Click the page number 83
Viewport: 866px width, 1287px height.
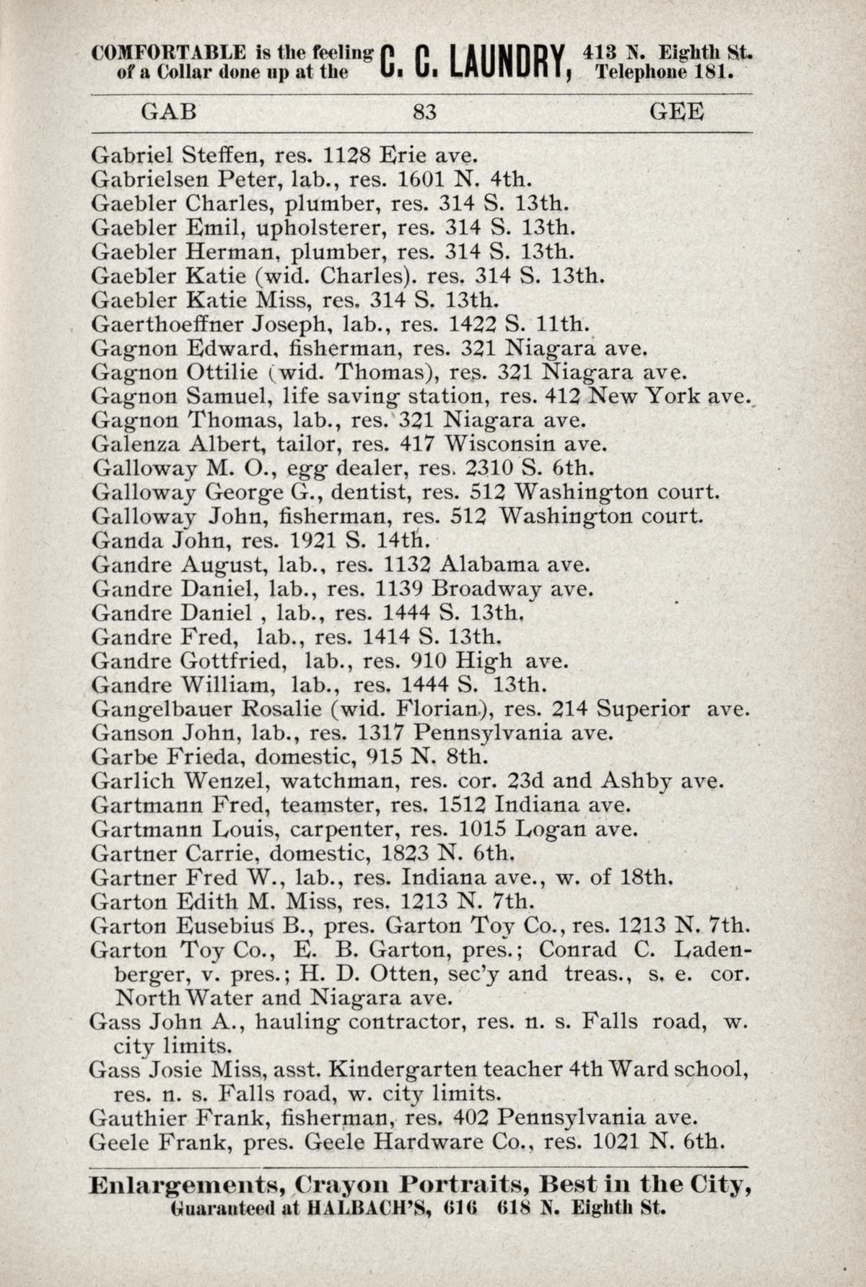pyautogui.click(x=424, y=113)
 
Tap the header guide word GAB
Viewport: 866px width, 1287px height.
pyautogui.click(x=168, y=113)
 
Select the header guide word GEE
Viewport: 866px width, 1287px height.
pyautogui.click(x=676, y=113)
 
